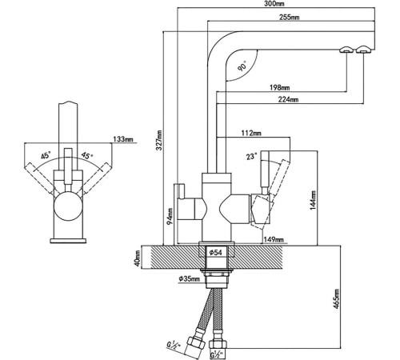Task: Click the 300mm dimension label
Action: [274, 4]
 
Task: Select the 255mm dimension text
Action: [290, 18]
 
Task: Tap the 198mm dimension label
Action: [280, 87]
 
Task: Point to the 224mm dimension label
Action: [288, 99]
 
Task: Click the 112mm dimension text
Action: [251, 133]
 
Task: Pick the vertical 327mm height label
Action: [159, 140]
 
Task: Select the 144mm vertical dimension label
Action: [313, 200]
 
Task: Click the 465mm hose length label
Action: [337, 299]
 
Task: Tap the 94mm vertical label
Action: [170, 217]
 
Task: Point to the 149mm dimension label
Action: [274, 239]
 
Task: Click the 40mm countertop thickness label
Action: [138, 258]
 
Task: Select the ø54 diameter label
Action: [215, 252]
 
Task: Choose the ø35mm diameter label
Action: [190, 279]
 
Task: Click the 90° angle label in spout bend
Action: [242, 66]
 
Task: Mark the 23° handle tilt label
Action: [252, 156]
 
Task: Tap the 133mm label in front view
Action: [123, 139]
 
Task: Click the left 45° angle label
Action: [46, 155]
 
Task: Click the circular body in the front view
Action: [68, 206]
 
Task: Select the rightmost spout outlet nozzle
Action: [364, 50]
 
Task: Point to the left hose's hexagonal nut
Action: [196, 343]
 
